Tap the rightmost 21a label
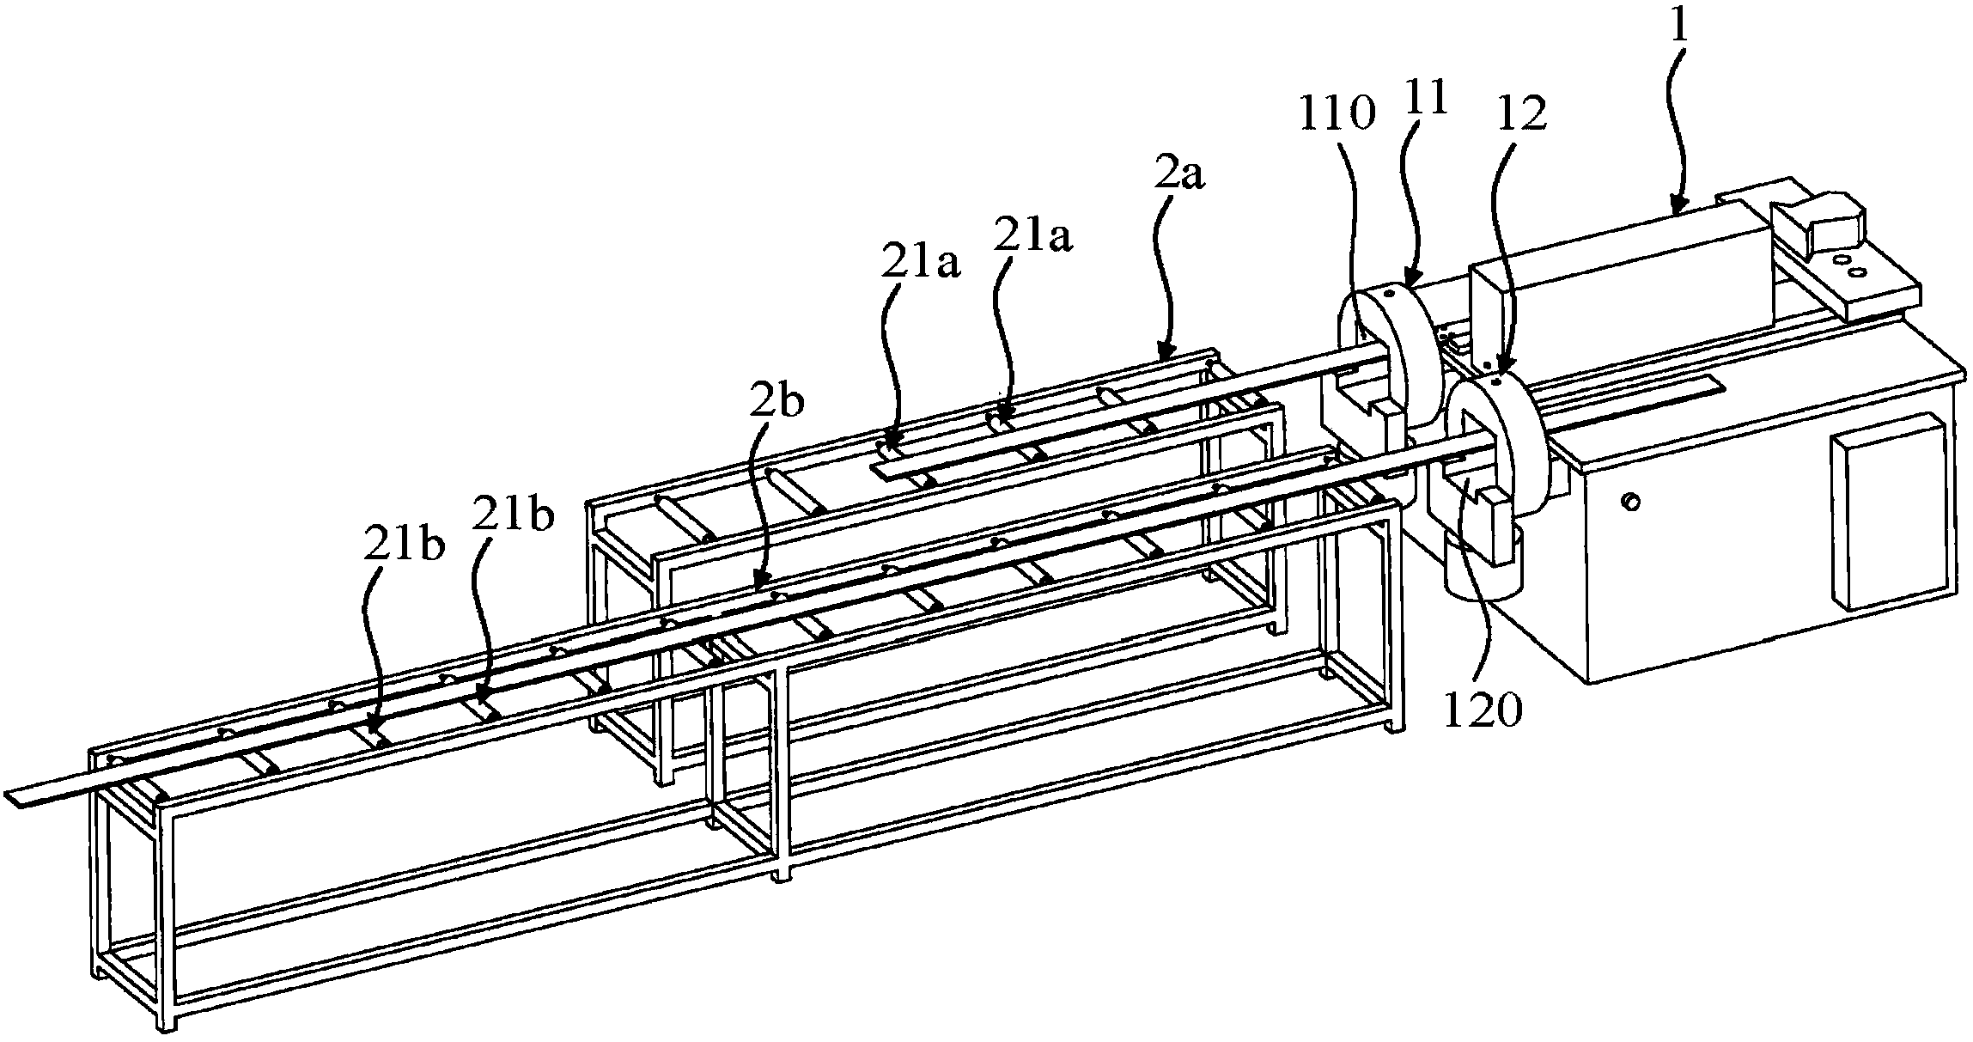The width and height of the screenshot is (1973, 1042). click(1032, 236)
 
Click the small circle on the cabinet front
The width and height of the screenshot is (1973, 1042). click(1629, 500)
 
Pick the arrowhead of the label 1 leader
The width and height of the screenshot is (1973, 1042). click(1675, 210)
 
